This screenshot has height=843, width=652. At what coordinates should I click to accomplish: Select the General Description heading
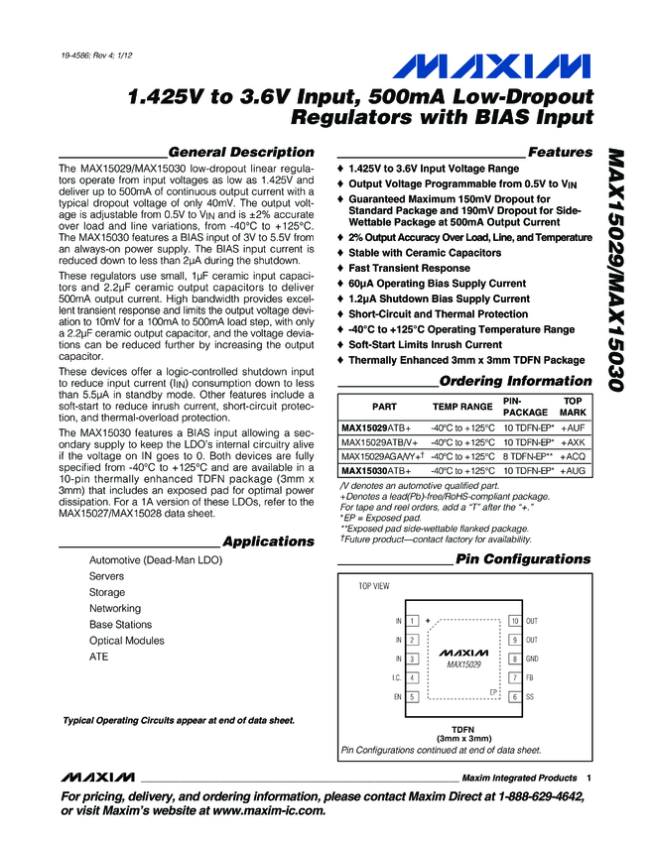point(242,152)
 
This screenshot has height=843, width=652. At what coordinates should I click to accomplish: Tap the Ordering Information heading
point(515,381)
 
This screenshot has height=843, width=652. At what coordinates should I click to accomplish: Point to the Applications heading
point(268,542)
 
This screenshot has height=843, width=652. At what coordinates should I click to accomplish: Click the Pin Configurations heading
point(522,560)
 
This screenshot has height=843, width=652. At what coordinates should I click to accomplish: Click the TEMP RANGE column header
point(461,407)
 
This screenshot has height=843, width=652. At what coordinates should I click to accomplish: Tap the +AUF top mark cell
point(573,426)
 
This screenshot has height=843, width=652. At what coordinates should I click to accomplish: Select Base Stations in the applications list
point(120,625)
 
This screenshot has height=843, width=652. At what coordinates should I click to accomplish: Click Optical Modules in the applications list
point(126,641)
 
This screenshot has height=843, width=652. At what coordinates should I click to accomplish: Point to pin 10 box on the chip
point(514,621)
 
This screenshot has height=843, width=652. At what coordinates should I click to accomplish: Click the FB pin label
point(530,677)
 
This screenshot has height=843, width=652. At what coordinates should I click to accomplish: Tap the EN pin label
point(397,697)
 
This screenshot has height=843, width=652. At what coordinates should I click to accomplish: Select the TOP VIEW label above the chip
point(374,587)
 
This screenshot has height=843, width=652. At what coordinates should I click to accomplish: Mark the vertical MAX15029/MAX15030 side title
point(615,268)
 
